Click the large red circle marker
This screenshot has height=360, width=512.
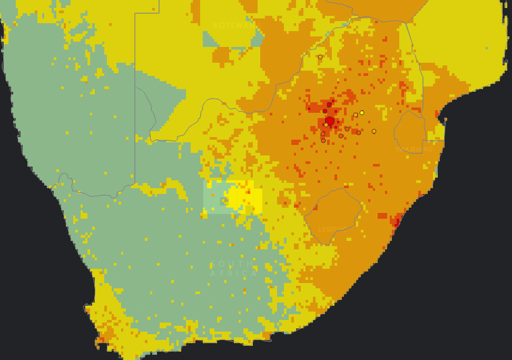click(330, 121)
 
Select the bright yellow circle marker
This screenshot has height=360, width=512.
click(362, 113)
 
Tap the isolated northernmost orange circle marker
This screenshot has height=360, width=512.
click(320, 57)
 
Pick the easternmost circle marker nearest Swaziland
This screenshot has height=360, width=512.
click(374, 131)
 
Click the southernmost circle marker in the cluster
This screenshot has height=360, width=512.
click(323, 141)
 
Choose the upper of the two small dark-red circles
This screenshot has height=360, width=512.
click(329, 105)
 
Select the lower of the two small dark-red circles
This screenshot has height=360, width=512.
click(325, 111)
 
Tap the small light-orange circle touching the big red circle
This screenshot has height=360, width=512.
click(326, 125)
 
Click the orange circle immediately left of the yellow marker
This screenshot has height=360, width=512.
click(356, 115)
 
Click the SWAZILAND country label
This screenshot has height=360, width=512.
click(414, 150)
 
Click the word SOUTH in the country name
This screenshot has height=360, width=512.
click(232, 264)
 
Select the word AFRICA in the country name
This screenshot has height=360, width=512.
click(234, 274)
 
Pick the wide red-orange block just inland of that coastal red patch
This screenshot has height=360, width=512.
click(382, 216)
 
